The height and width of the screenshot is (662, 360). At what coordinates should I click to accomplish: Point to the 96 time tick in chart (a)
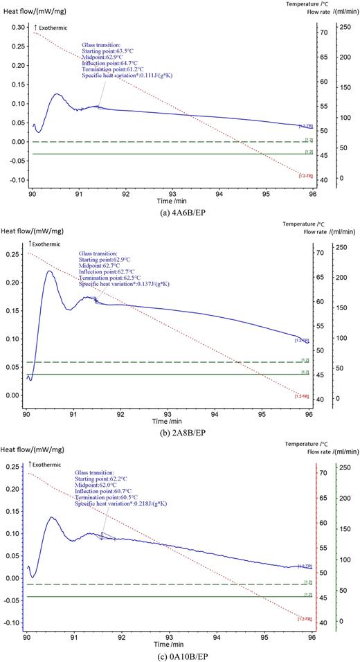click(313, 195)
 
